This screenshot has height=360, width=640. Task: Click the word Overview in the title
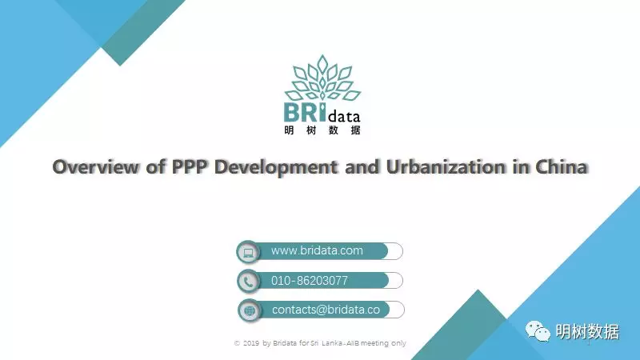[95, 166]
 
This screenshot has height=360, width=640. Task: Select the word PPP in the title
[190, 166]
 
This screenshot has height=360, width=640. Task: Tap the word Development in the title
[276, 167]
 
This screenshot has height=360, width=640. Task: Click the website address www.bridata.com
[317, 250]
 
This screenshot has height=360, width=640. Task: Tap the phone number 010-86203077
[310, 281]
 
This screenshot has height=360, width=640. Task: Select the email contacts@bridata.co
[326, 310]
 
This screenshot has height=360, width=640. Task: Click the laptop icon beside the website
[248, 252]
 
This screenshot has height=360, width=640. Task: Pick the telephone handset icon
[248, 282]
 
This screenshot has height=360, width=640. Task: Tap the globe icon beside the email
[250, 310]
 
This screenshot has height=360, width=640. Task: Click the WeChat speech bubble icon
[538, 331]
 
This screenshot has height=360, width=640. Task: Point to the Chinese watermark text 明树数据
[587, 332]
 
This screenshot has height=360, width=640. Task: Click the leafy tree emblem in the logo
[322, 78]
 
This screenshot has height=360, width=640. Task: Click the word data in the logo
[344, 116]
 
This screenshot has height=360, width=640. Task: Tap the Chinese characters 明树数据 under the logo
[322, 130]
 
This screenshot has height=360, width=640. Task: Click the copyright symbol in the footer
[237, 343]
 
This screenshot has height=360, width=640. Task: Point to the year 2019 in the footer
[251, 343]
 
